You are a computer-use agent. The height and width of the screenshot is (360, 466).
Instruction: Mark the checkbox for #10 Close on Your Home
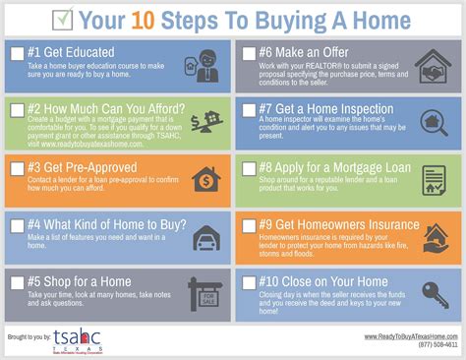point(249,283)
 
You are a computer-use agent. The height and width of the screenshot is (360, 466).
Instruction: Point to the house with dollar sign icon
point(205,178)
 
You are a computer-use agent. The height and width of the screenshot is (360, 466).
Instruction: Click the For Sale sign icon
point(205,294)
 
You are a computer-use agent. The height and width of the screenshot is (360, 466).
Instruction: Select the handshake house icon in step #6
point(433,65)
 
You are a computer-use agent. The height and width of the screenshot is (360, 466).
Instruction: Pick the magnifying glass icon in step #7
point(433,121)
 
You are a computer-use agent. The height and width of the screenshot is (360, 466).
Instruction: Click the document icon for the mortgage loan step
point(433,179)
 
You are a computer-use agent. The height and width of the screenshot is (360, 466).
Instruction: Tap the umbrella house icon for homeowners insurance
point(433,237)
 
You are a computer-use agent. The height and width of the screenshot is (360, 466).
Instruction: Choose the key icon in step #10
point(433,293)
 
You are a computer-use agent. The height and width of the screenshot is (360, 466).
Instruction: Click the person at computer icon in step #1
point(206,66)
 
